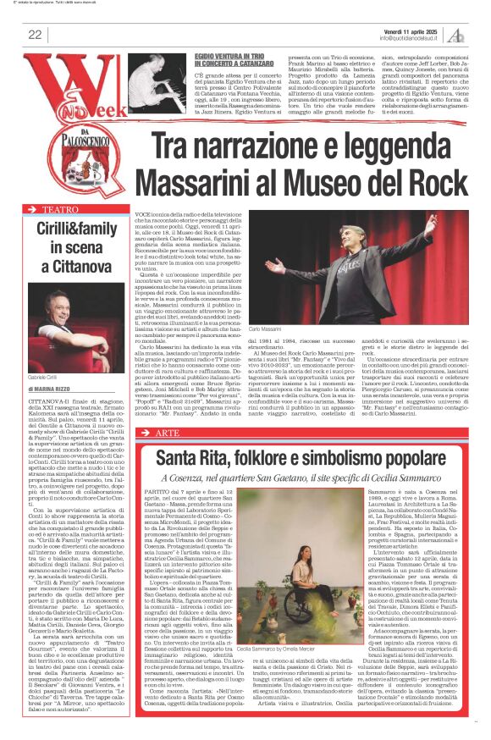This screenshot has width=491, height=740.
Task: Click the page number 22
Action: (35, 35)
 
